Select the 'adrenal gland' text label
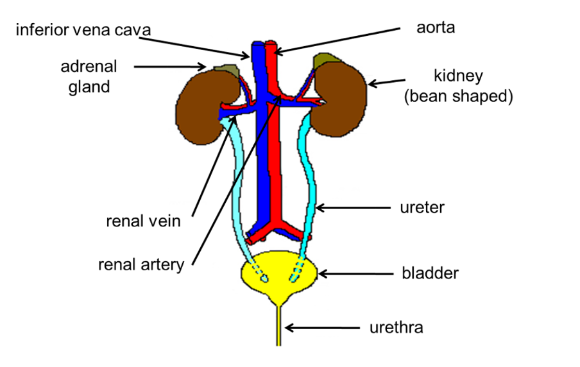tap(89, 76)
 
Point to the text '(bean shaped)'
tap(458, 97)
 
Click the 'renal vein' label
tap(143, 222)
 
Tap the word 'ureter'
tap(422, 207)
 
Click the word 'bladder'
tap(430, 273)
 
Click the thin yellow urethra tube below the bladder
tap(278, 327)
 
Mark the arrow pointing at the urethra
tap(321, 328)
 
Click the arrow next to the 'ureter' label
tap(353, 207)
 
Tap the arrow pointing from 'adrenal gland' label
tap(170, 65)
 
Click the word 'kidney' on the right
tap(458, 76)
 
